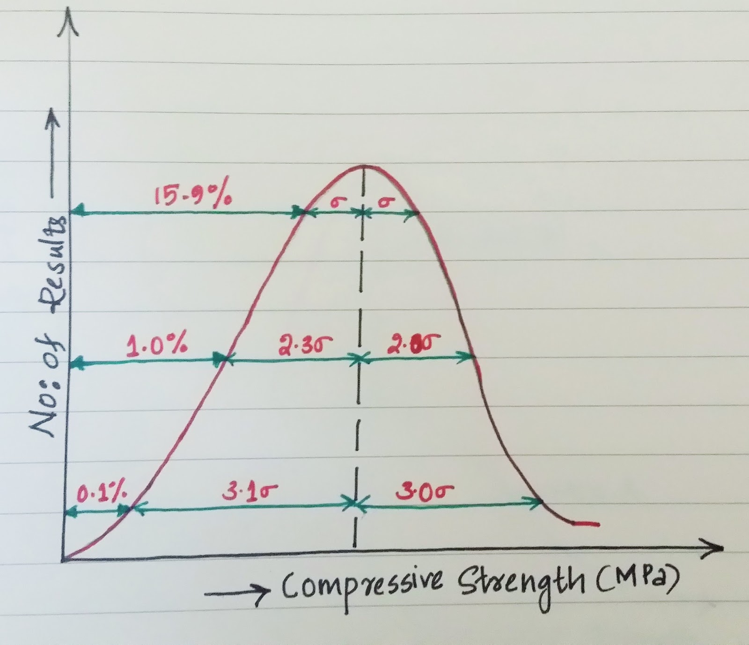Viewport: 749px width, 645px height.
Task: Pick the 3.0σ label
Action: click(425, 492)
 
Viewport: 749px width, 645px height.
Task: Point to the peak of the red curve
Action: click(363, 166)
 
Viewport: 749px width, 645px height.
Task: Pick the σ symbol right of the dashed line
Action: click(385, 202)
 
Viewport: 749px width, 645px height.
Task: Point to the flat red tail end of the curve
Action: click(585, 523)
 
